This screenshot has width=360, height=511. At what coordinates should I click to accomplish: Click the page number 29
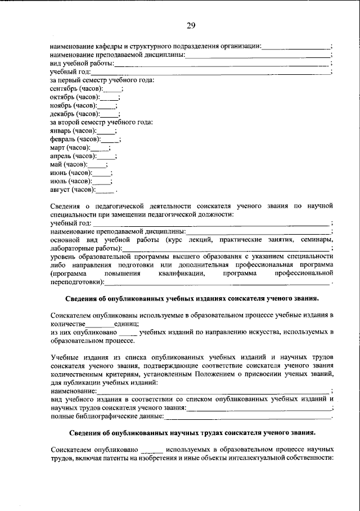tap(191, 25)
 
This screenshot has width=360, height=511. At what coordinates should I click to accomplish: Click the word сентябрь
tap(64, 88)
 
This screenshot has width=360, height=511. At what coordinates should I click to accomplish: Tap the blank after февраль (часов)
tap(110, 139)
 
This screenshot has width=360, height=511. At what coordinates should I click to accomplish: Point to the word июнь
tap(58, 173)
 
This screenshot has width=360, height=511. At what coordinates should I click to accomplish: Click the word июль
tap(58, 181)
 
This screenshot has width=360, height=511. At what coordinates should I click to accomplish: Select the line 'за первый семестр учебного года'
tap(102, 80)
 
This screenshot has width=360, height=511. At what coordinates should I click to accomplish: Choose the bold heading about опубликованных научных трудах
tap(192, 433)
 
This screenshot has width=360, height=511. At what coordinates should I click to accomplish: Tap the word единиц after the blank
tap(127, 324)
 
